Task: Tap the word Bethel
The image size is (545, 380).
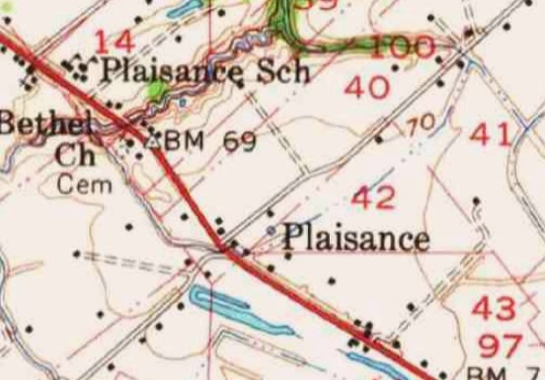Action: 45,123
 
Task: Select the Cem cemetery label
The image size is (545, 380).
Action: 85,184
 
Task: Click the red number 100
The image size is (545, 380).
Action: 406,47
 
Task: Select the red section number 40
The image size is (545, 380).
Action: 366,88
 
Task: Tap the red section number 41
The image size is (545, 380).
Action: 493,133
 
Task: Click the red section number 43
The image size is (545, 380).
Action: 493,308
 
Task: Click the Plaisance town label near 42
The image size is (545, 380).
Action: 355,238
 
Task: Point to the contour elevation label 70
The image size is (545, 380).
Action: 421,124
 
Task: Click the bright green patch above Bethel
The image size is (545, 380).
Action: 154,91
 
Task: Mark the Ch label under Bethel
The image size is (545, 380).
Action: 75,155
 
